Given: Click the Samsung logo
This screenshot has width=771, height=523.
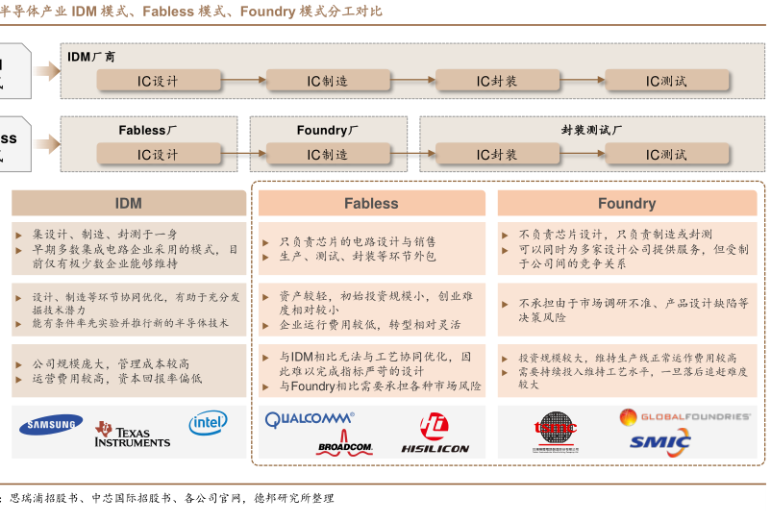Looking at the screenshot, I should [55, 425].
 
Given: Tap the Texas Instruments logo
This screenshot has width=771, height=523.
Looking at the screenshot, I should [132, 434].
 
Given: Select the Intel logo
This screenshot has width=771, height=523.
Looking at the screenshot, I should [208, 422].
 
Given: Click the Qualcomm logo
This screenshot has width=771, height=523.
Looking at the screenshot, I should [310, 419].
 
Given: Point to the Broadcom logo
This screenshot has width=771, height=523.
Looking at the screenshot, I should [344, 447].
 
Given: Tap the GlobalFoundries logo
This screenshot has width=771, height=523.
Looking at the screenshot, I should [684, 416].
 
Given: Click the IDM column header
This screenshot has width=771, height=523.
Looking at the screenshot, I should [129, 203].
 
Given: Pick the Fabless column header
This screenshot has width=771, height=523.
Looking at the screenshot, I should [371, 203].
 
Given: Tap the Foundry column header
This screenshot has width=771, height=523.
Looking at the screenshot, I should [627, 203].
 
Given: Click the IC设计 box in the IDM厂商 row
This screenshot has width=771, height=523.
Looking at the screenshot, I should [158, 82].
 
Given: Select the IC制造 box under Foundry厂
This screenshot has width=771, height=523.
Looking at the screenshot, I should [327, 155].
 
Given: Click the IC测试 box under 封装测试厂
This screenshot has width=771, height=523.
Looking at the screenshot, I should [666, 155].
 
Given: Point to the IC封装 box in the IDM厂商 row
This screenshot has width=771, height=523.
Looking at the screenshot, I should [497, 82].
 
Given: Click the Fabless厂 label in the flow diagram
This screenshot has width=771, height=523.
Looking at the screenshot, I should [148, 130].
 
